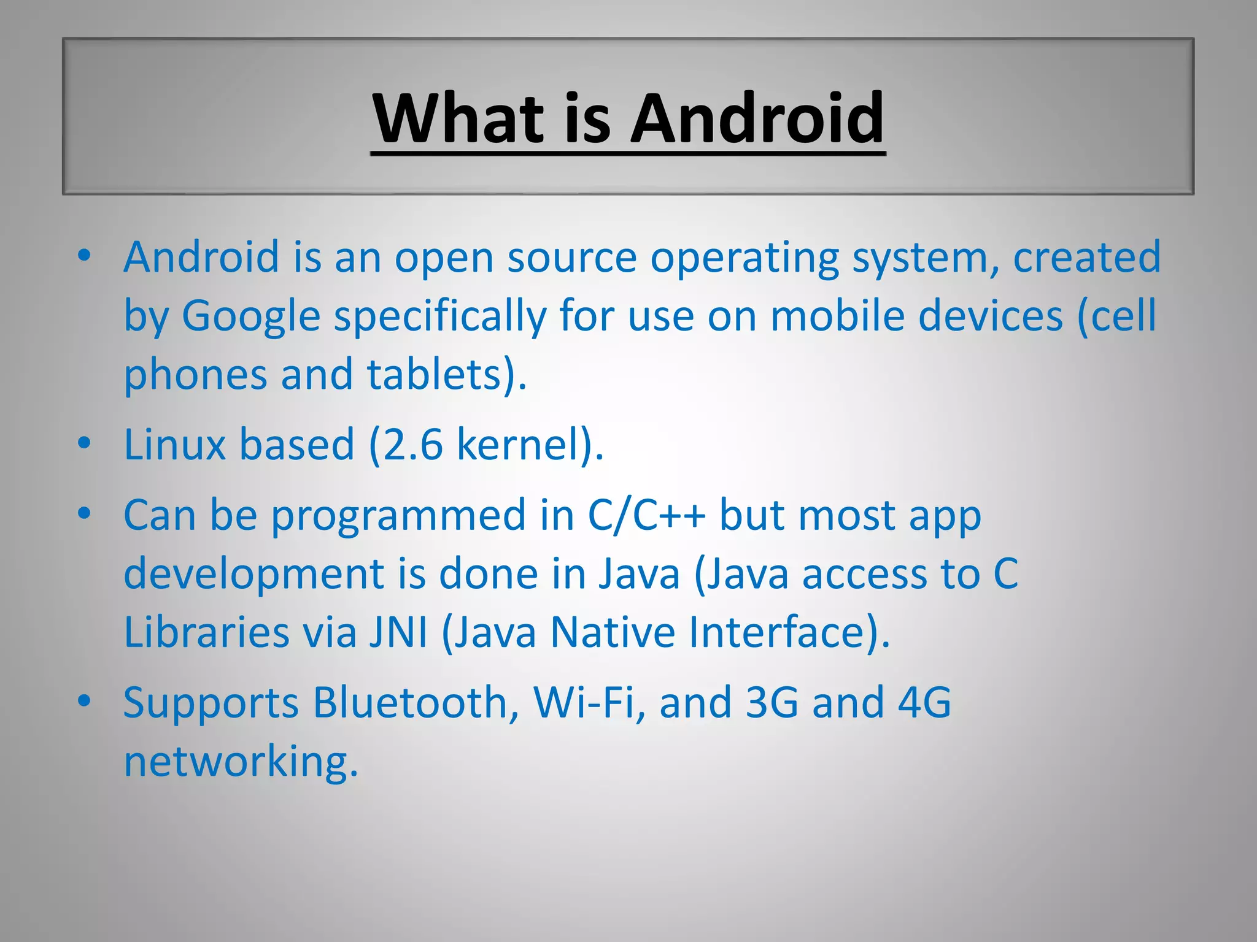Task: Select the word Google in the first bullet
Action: point(251,316)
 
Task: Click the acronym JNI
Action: point(398,632)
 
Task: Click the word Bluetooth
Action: point(411,702)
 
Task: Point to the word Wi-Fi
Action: point(584,702)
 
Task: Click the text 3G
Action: point(772,702)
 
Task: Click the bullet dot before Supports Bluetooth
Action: point(85,700)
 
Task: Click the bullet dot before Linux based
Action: point(85,442)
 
